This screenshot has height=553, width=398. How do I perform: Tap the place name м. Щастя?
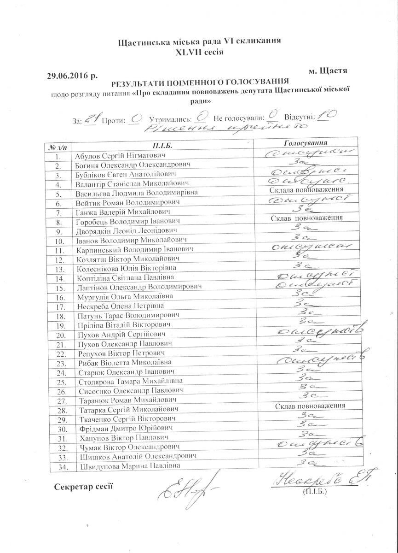[328, 71]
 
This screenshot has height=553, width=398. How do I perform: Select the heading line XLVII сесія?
[199, 52]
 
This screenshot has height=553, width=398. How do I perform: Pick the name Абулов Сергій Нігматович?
[120, 156]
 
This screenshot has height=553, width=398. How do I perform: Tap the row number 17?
[59, 306]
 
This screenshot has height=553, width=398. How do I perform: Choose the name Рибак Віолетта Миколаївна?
[122, 363]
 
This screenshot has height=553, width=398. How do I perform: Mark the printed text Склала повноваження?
[306, 190]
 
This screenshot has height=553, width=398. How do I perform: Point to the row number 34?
[59, 467]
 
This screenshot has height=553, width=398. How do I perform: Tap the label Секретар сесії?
[83, 487]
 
